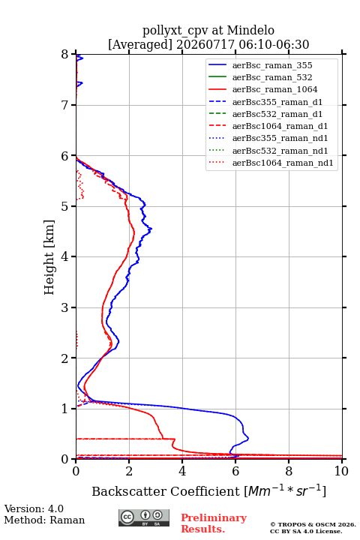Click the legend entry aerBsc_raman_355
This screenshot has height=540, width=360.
tap(272, 65)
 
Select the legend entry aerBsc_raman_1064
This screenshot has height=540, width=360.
tap(274, 89)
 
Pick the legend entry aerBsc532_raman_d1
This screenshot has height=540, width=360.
tap(277, 114)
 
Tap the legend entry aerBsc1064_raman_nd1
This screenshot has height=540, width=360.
tap(283, 163)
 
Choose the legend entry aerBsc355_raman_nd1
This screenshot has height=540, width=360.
tap(280, 138)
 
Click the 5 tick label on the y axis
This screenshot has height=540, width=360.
tap(65, 206)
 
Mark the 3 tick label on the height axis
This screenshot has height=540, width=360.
tap(65, 307)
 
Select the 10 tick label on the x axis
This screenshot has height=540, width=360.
tap(341, 471)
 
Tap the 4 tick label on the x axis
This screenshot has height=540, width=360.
tap(182, 471)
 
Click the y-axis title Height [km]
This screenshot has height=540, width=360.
tap(49, 257)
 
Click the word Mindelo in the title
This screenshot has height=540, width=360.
tap(250, 30)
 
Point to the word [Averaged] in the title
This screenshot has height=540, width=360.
tap(140, 44)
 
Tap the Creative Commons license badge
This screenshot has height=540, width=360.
tap(144, 517)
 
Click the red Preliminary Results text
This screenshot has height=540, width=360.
tap(214, 523)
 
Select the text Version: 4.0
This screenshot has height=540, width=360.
tap(34, 508)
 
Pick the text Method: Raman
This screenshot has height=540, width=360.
tap(44, 520)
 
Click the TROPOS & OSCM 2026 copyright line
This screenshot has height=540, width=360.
tap(313, 524)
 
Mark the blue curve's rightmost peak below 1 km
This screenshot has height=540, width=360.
tap(248, 439)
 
